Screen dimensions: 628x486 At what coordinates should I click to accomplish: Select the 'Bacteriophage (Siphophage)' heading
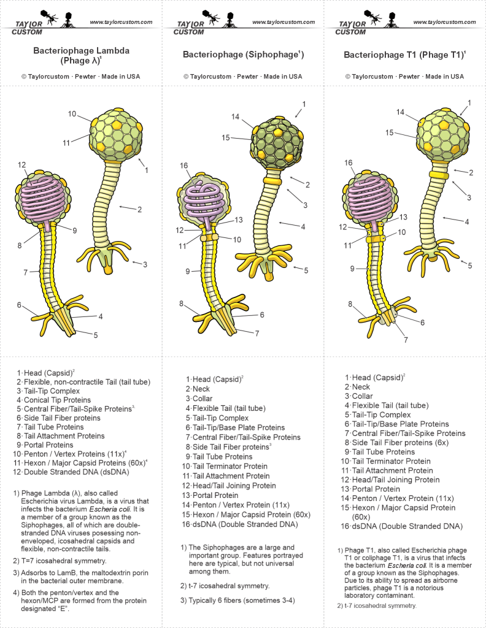pyautogui.click(x=243, y=55)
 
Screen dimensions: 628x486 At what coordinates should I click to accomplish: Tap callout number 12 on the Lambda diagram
pyautogui.click(x=22, y=165)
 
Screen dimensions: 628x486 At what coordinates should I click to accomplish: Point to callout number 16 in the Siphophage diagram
pyautogui.click(x=184, y=166)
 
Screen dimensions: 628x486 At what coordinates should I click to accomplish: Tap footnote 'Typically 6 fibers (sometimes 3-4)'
pyautogui.click(x=237, y=600)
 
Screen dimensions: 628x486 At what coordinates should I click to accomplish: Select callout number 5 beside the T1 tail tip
pyautogui.click(x=470, y=266)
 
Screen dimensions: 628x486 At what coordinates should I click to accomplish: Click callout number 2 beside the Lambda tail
pyautogui.click(x=139, y=209)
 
